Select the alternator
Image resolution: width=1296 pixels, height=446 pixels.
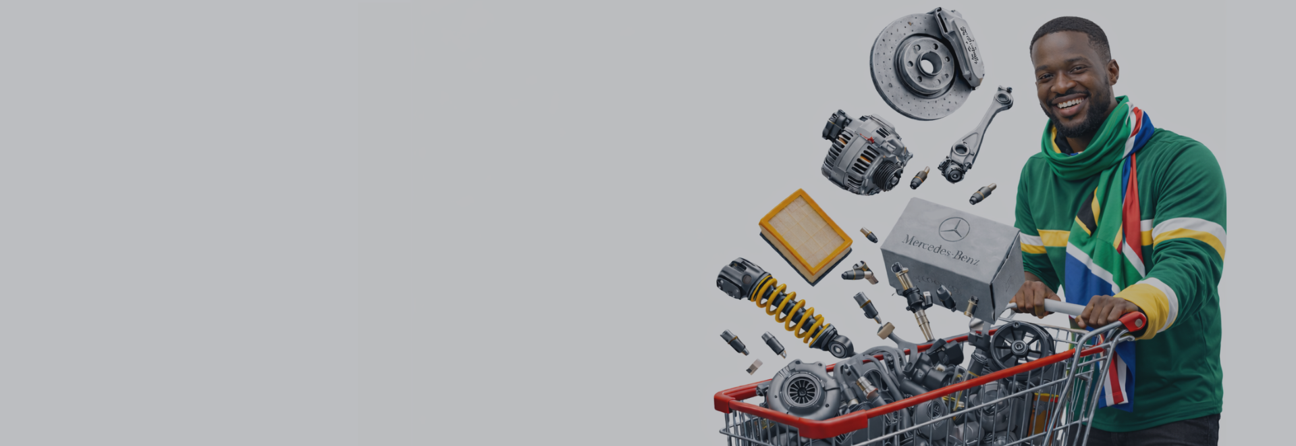coord(861,154)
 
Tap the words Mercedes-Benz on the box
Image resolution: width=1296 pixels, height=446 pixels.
coord(940,249)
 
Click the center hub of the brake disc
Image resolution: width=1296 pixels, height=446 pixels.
coord(927,65)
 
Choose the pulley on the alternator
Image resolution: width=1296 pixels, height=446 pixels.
coord(888,174)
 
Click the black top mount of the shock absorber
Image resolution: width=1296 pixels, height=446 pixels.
coord(737,276)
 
